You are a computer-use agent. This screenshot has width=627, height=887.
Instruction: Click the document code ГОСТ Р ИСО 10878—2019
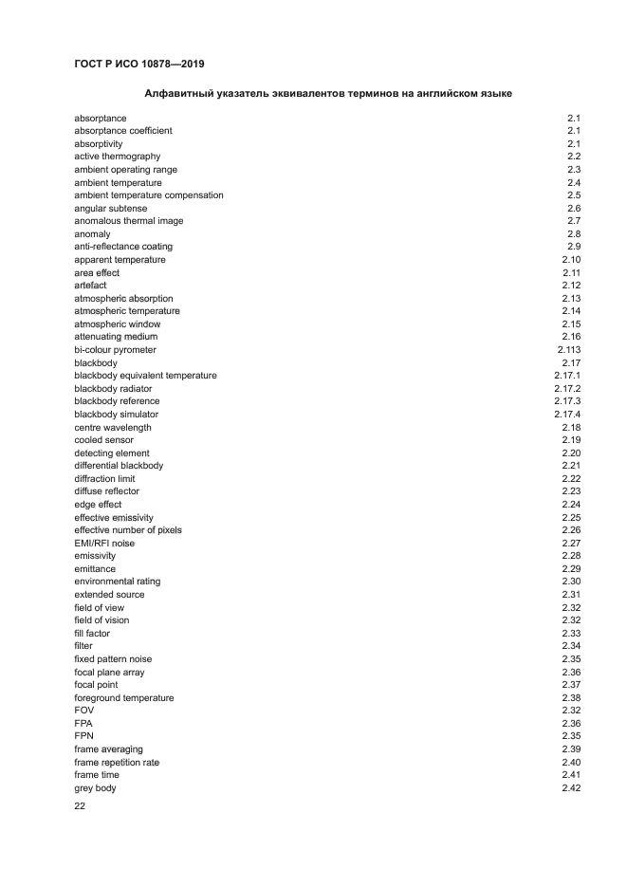138,64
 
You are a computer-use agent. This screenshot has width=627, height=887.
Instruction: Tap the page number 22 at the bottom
80,807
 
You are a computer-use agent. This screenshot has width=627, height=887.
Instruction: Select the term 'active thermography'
117,157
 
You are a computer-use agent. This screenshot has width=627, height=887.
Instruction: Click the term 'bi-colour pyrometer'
115,350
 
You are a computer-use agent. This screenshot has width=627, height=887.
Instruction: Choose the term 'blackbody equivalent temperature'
145,376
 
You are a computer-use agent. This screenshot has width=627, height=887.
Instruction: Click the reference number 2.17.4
566,415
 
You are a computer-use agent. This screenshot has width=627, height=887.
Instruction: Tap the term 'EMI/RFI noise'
104,544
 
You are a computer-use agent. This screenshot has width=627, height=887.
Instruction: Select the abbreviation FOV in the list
84,711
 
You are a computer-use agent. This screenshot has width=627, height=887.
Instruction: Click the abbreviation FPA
84,724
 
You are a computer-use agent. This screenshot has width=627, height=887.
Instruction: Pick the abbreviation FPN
84,736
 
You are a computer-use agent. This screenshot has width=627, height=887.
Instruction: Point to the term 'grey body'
95,788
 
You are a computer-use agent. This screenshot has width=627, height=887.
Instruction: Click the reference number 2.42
570,788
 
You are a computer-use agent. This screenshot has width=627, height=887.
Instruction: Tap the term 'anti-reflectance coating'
123,247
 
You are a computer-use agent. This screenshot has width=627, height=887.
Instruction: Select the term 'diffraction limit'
104,479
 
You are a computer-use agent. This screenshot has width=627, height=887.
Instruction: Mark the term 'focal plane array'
109,673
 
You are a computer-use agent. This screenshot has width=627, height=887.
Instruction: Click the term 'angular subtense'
108,208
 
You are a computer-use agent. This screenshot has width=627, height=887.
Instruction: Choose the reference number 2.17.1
566,376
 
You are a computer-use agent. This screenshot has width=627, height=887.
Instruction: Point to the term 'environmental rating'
117,582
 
